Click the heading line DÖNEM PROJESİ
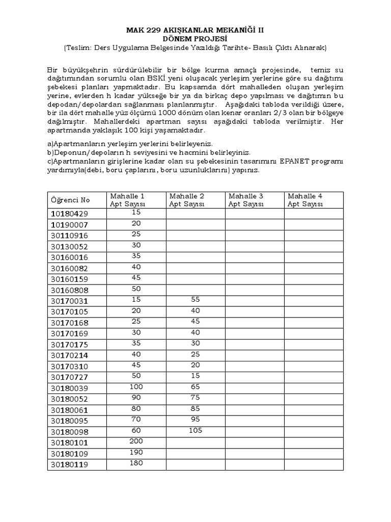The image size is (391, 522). click(x=195, y=38)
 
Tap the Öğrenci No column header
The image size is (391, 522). click(x=69, y=200)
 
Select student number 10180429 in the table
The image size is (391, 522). click(x=69, y=214)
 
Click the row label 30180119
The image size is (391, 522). click(x=69, y=464)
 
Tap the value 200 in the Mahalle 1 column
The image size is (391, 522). click(x=136, y=441)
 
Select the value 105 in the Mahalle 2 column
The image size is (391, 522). click(x=195, y=431)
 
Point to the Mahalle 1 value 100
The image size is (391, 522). click(x=136, y=387)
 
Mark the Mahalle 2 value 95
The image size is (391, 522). click(x=195, y=420)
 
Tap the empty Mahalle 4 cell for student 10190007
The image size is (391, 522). click(x=314, y=224)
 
